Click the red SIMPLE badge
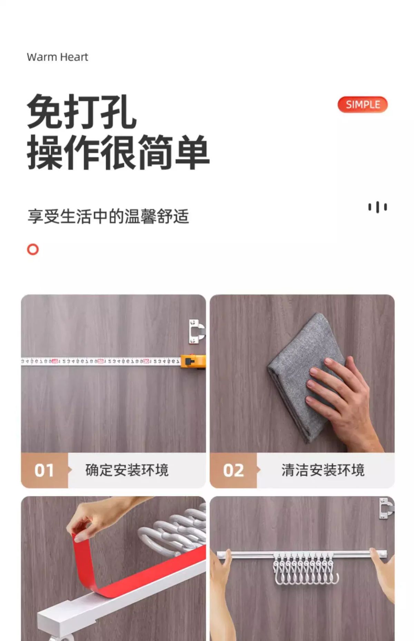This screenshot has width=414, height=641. point(363,105)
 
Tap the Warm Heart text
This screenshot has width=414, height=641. point(58,57)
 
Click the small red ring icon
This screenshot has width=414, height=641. point(33,249)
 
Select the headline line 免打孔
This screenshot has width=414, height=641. point(82,111)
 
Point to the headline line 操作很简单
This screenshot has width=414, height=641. point(118,152)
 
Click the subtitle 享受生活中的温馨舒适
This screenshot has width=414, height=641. point(108,216)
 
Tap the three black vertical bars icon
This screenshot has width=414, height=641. point(377,207)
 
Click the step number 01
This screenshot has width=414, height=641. point(44,470)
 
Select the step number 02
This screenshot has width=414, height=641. point(233,470)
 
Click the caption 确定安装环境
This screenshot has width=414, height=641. point(127,470)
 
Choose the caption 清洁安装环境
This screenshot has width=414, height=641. point(323,470)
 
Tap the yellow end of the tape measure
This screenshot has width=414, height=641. point(193,362)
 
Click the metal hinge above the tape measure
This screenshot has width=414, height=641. point(197,331)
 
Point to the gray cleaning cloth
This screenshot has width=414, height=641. point(304,376)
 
